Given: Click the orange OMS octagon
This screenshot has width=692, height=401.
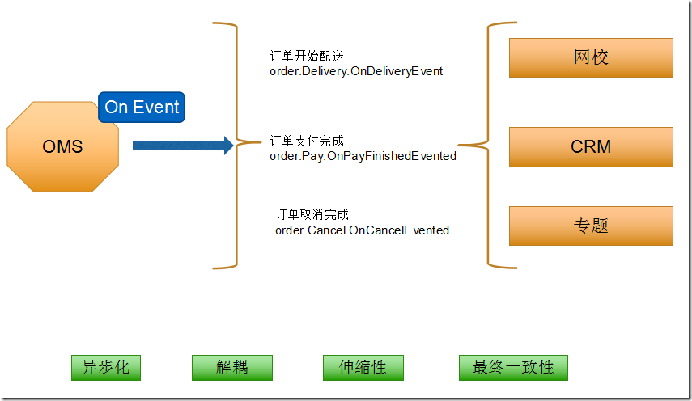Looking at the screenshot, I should (62, 146).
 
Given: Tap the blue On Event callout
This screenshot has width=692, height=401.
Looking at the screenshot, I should (142, 107).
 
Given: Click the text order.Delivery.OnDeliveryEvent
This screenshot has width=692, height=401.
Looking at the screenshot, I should (356, 71).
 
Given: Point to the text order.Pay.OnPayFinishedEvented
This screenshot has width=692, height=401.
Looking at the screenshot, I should (363, 155).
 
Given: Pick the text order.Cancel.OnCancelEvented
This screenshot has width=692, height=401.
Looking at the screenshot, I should (362, 230).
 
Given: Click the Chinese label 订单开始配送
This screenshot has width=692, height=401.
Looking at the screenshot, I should (307, 57).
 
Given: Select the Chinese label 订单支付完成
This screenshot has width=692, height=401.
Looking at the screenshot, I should (307, 141).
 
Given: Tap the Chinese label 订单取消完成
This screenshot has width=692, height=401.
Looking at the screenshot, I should (312, 215).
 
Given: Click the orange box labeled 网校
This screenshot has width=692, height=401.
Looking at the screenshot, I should (591, 57).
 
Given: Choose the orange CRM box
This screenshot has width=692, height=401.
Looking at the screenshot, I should (591, 147).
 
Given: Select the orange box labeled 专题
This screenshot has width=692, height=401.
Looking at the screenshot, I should (591, 226).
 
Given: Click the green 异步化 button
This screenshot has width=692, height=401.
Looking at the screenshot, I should (106, 367).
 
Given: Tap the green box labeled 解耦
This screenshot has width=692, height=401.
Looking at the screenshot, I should (231, 367).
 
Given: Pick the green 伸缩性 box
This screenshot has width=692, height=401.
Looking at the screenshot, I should (363, 367).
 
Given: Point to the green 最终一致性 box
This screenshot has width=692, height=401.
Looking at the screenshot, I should (513, 367).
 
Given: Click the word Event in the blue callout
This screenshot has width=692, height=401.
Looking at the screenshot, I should (156, 107).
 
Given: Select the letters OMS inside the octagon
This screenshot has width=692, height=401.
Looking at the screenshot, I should (62, 146).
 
